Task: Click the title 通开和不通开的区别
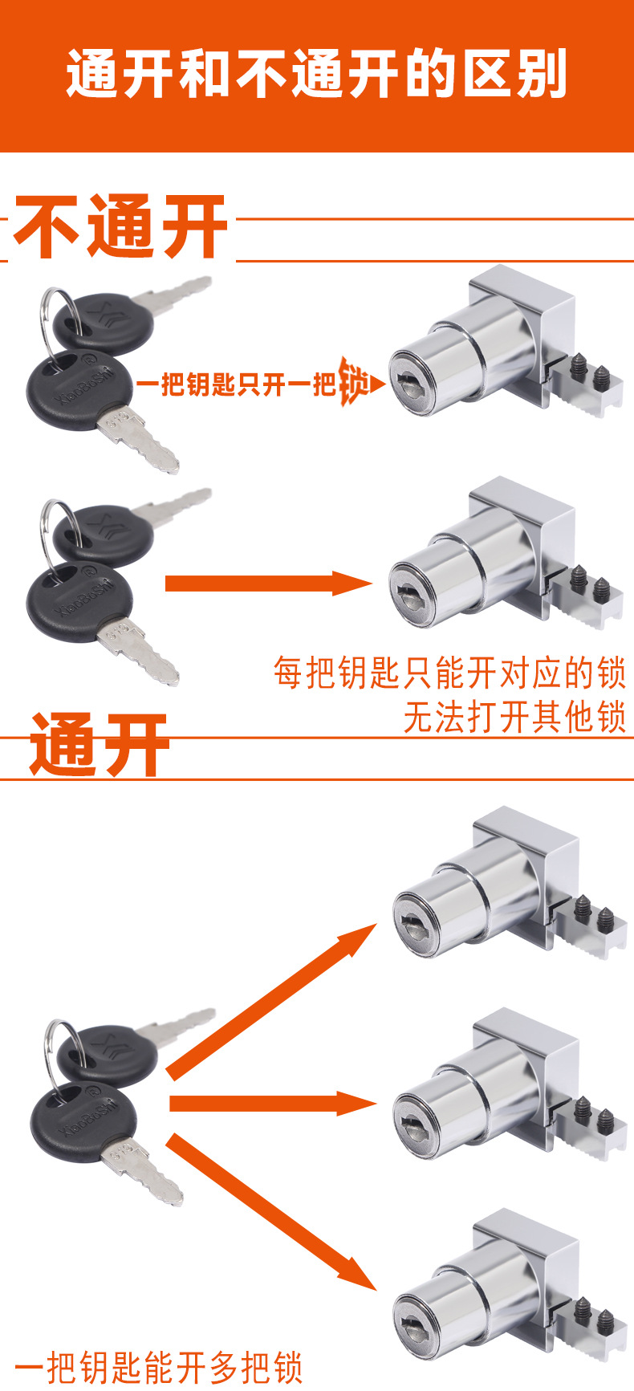click(x=317, y=75)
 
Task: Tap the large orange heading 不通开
click(x=120, y=227)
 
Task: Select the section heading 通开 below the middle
click(x=100, y=745)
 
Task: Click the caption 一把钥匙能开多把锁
click(x=159, y=1366)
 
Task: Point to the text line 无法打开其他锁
click(x=514, y=717)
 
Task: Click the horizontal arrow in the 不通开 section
click(x=269, y=584)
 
